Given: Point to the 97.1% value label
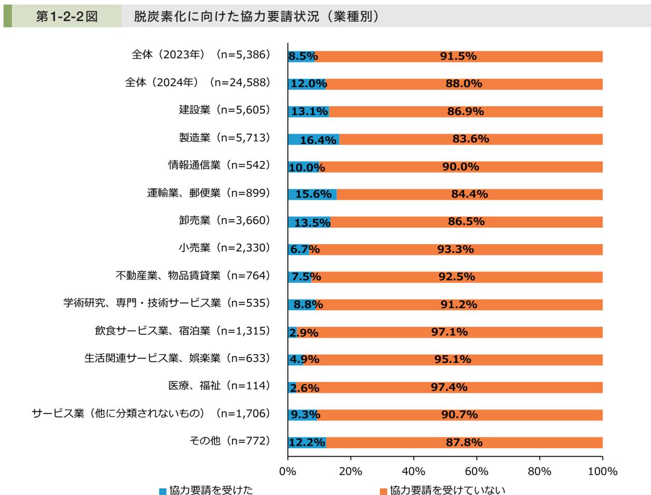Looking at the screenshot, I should pos(450,332).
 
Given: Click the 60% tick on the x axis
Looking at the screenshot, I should pos(476,472).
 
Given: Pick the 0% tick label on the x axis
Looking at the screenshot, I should pos(287,472).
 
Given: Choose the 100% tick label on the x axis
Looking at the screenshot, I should pos(603,472).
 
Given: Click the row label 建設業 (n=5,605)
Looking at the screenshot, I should pos(225,110).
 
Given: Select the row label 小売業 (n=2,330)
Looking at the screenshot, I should pos(225,248).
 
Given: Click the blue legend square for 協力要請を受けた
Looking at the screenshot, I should pos(163,489).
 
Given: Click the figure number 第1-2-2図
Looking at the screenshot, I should pos(66,17).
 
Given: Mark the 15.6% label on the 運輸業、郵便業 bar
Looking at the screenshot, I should pos(313,194).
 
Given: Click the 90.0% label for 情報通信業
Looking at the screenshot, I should pos(461,167).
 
